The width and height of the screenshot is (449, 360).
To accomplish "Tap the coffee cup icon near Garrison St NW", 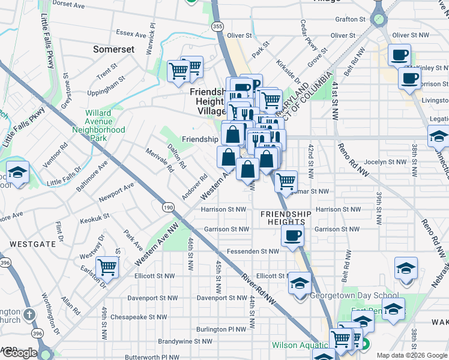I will (x=292, y=235).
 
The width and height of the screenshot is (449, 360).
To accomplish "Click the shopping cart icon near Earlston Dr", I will (x=107, y=267).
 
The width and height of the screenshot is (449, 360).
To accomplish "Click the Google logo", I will (x=19, y=353).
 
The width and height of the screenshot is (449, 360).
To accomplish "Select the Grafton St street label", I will (x=351, y=19).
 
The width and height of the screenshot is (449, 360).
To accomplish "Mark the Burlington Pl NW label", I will (x=221, y=329).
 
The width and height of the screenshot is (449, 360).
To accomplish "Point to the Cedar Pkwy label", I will (x=310, y=35).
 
